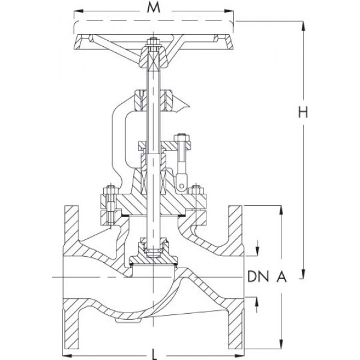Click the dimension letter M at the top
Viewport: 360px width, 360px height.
(x=154, y=8)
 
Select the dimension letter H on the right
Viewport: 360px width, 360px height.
(x=303, y=113)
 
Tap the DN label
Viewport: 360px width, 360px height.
(x=258, y=277)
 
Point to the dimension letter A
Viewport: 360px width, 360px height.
(x=281, y=277)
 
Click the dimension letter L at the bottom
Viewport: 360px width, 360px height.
(x=155, y=355)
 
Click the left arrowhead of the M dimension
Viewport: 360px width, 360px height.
(x=79, y=11)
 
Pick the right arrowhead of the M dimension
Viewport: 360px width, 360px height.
(x=229, y=11)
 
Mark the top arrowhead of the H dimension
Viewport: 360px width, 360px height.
(x=304, y=26)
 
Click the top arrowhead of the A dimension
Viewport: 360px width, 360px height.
(x=281, y=210)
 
